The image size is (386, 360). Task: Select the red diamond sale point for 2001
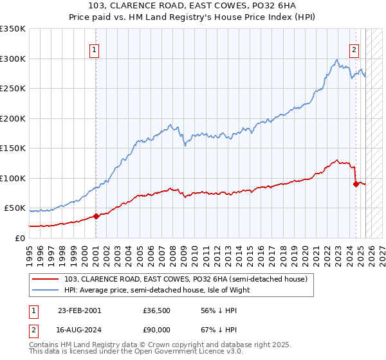pos(96,216)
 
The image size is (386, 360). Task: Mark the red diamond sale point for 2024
pos(355,184)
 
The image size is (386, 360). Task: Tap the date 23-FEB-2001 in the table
pos(79,310)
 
